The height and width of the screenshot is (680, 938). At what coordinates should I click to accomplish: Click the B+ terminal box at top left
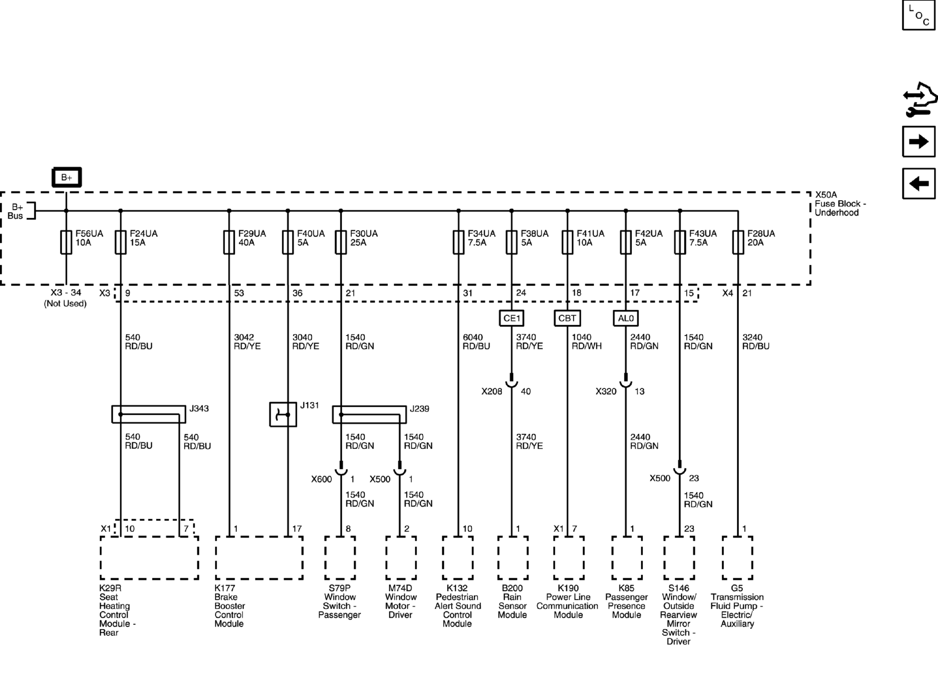point(66,177)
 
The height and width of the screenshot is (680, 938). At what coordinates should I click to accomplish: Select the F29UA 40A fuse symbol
point(229,242)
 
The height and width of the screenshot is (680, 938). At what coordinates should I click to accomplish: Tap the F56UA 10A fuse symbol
point(66,242)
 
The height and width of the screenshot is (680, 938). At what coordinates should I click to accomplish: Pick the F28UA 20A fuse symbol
point(738,242)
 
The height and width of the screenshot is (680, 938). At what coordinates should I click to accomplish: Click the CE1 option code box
point(512,318)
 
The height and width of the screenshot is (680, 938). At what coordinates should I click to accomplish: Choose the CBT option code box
point(567,318)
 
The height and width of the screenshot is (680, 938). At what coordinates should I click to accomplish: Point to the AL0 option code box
point(626,318)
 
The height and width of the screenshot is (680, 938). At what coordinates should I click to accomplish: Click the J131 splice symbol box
point(283,414)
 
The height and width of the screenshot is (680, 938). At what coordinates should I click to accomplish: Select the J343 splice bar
point(148,414)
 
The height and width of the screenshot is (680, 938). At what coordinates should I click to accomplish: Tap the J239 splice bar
point(369,415)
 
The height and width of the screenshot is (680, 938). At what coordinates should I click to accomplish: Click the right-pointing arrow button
point(919,141)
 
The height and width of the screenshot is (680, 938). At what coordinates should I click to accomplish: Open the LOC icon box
point(919,15)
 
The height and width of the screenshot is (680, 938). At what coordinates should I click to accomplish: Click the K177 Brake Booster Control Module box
point(259,557)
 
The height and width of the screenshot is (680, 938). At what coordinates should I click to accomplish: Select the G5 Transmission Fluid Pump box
point(737,557)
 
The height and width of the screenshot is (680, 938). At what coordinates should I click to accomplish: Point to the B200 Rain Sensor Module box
point(513,557)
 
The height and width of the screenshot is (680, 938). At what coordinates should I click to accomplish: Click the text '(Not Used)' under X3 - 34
point(65,303)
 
